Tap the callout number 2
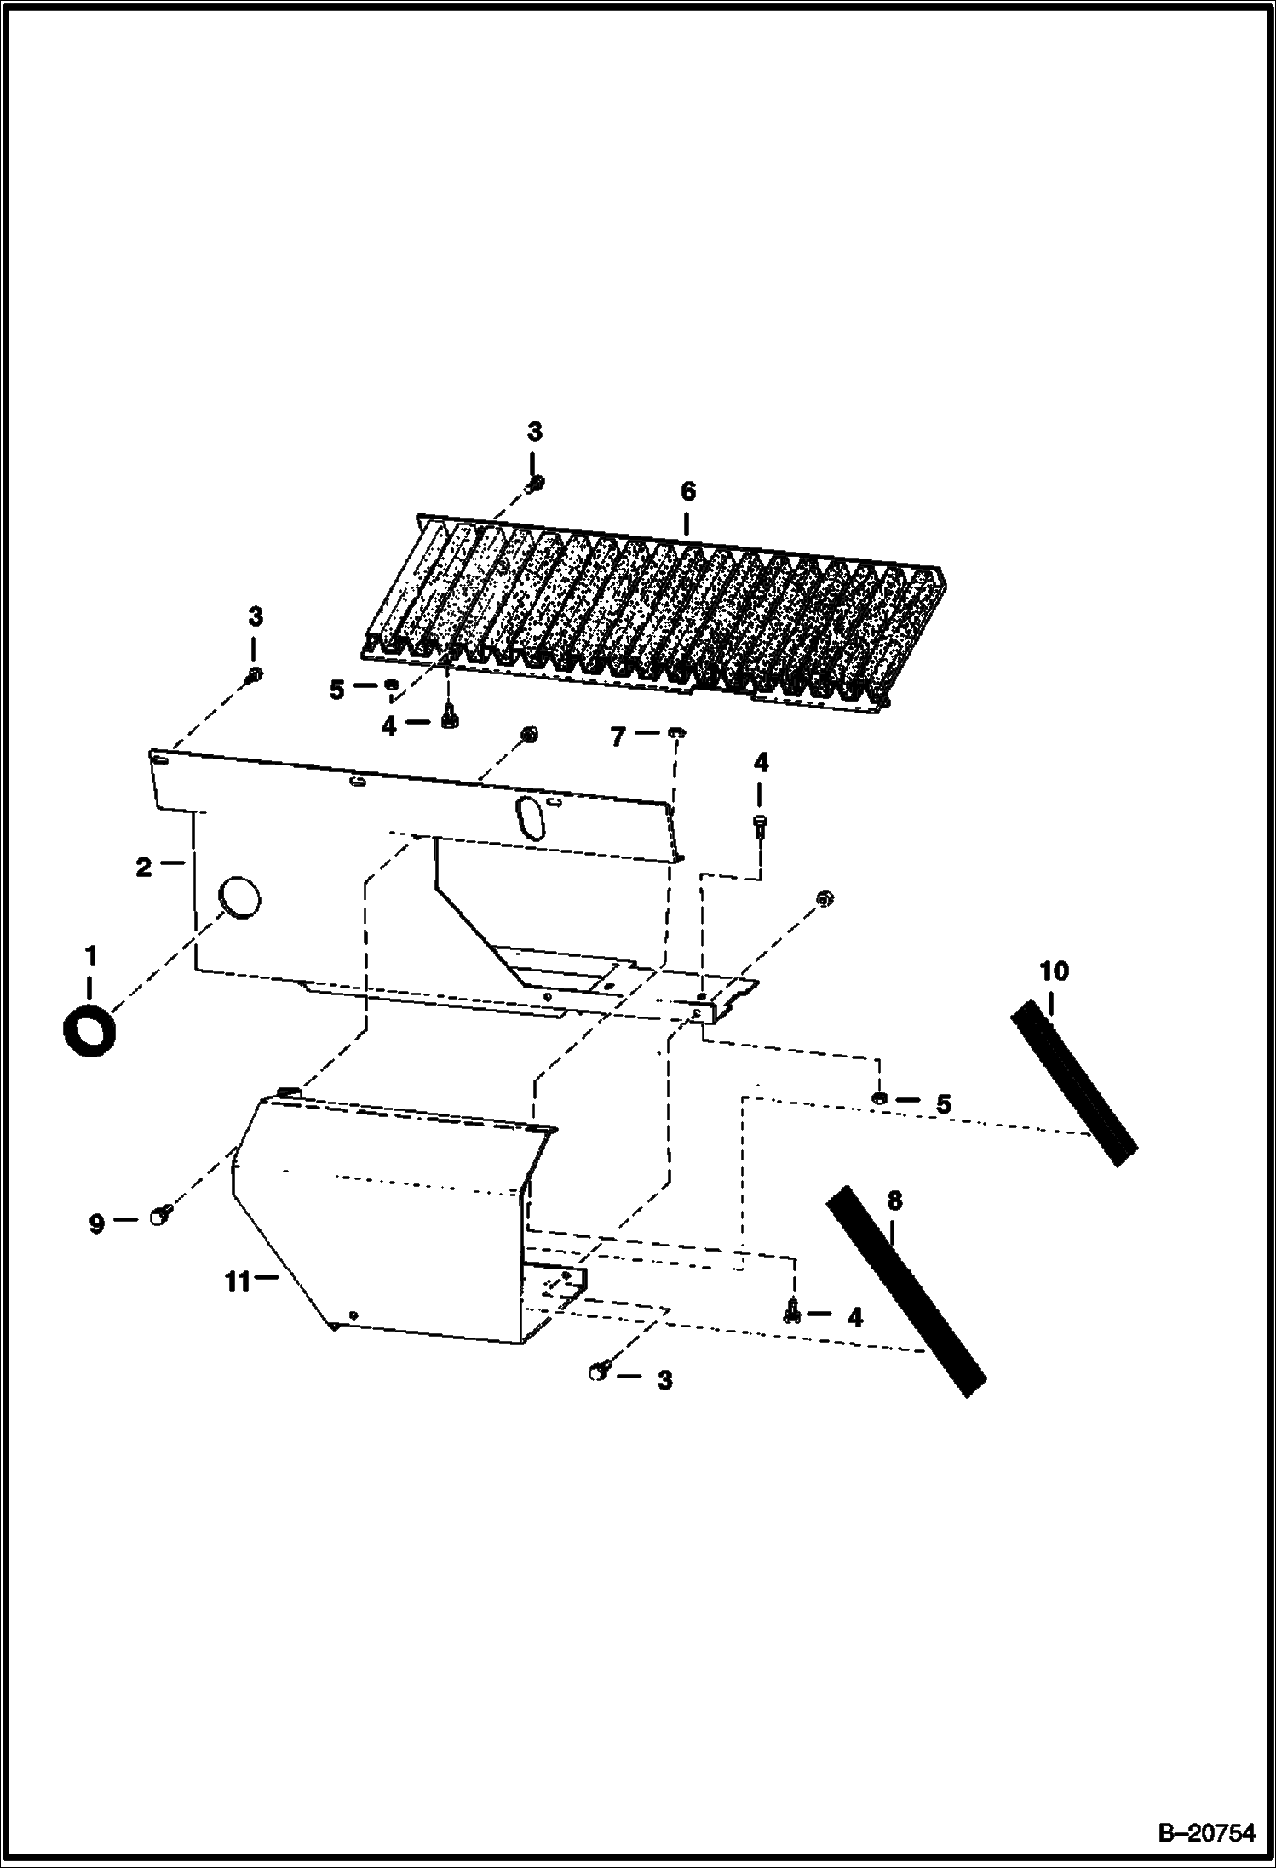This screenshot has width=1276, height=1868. pos(143,868)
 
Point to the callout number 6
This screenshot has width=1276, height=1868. pos(688,491)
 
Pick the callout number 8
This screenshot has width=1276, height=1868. pos(894,1201)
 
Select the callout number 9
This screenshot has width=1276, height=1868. pos(97,1224)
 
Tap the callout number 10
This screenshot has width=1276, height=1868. pos(1054,971)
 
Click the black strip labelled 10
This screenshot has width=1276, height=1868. pos(1074,1081)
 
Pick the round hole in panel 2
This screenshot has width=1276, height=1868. pos(239,898)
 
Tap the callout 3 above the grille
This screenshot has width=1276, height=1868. pos(534,432)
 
